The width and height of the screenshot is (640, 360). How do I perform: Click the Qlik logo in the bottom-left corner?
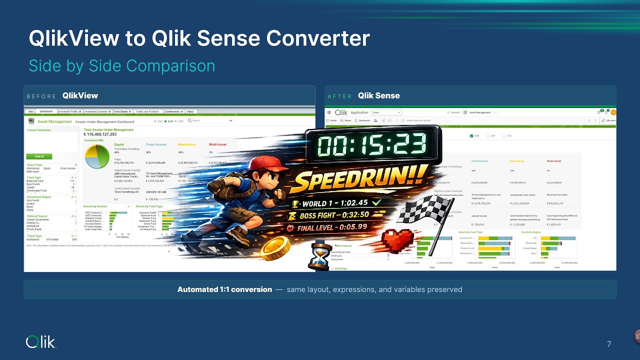click(41, 342)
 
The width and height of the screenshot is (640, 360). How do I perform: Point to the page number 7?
click(609, 344)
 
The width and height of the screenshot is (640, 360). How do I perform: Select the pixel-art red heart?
click(398, 240)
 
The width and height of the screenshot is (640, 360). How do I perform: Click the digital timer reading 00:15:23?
click(372, 145)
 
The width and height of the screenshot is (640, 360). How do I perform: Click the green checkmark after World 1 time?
click(375, 202)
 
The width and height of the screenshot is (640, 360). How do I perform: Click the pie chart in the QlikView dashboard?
click(97, 157)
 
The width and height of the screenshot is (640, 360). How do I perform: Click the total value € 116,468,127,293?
click(100, 134)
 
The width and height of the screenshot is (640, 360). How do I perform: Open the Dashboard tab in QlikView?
click(46, 111)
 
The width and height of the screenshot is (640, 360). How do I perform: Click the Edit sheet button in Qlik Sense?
click(608, 120)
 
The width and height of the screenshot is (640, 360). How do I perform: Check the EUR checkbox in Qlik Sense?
click(471, 135)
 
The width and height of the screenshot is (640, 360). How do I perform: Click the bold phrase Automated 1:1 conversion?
click(224, 289)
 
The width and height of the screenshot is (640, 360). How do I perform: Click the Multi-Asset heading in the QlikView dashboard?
click(217, 144)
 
